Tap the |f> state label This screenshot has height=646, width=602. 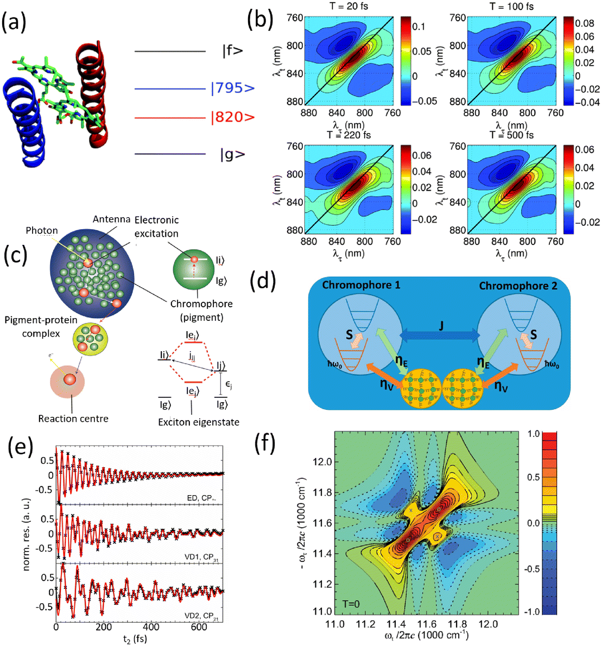[232, 52]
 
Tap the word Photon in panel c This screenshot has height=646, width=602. [41, 231]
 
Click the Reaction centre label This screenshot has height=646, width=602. [73, 419]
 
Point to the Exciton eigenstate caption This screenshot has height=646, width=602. [199, 422]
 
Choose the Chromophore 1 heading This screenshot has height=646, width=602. [362, 285]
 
